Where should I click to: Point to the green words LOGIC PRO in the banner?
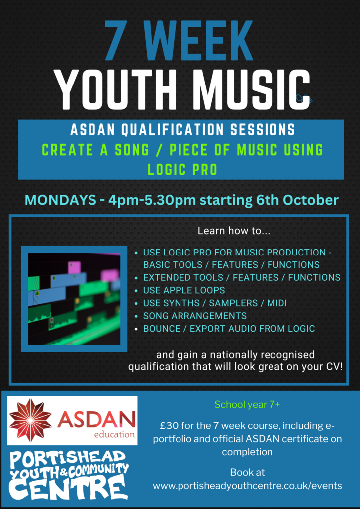coord(182,169)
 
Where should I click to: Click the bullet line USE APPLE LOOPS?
coord(184,290)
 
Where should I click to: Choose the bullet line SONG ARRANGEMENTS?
coord(195,316)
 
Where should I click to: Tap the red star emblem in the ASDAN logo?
coord(30,420)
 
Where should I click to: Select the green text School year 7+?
coord(247,405)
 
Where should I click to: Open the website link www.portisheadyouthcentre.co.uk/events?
coord(247,486)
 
